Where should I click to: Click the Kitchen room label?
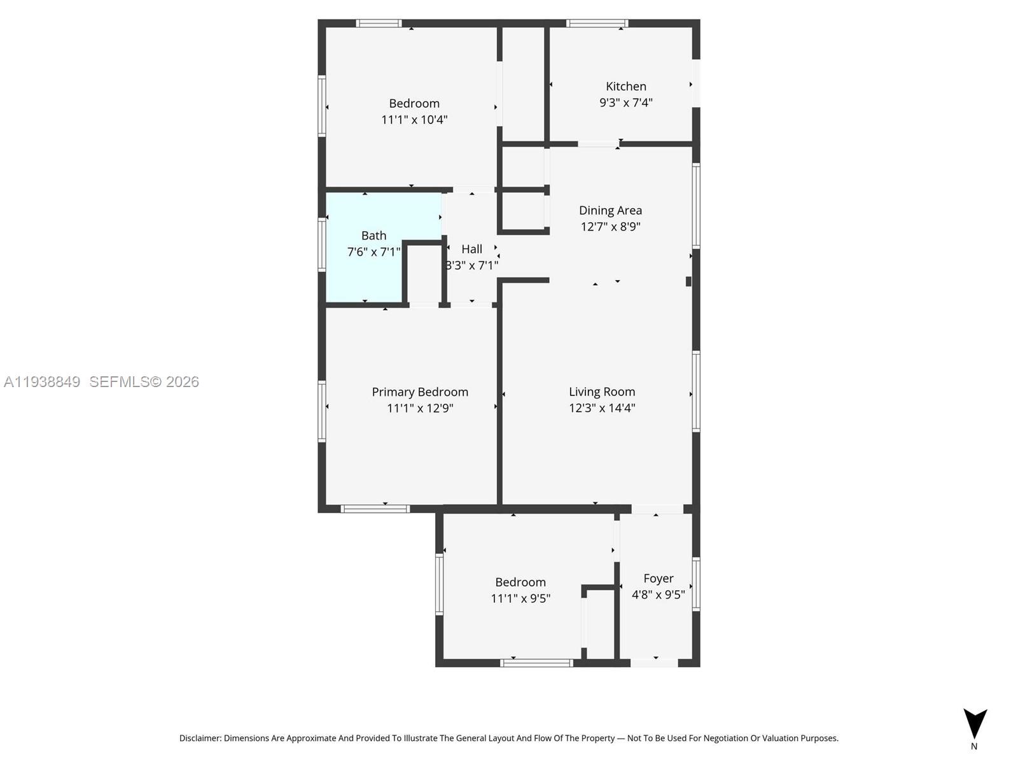click(625, 87)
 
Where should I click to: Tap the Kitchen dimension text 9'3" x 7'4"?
click(625, 103)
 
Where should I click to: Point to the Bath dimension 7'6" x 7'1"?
click(373, 252)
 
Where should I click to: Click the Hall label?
click(471, 249)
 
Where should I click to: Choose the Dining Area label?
click(610, 210)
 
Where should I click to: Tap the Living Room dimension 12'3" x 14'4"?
click(602, 408)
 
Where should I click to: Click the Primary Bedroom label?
click(420, 392)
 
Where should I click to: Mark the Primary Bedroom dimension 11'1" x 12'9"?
click(420, 408)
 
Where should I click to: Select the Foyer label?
click(658, 578)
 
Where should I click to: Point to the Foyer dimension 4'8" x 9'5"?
click(658, 595)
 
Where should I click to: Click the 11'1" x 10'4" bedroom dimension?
click(414, 120)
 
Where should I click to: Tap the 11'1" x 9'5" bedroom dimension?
click(520, 598)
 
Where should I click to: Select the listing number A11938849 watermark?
click(42, 382)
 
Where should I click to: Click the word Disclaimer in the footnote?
click(200, 739)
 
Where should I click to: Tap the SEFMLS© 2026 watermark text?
click(144, 382)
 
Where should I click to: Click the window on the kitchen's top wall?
click(597, 24)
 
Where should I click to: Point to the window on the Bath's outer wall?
click(322, 244)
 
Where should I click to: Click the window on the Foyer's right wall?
click(696, 584)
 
